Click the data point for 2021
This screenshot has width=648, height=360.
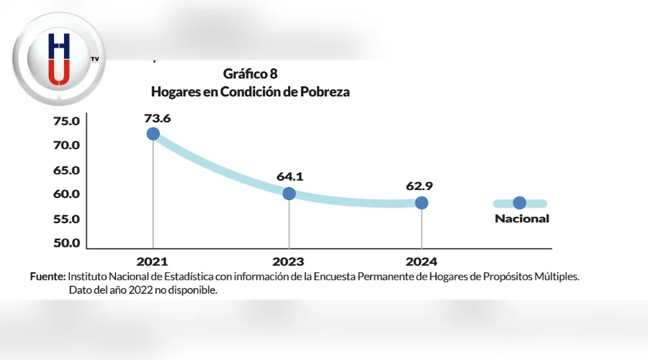coord(153,133)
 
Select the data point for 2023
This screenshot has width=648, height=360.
coord(289,193)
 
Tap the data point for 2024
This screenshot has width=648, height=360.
coord(421,202)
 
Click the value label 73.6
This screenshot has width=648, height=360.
coord(157,117)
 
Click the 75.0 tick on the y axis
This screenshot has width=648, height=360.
coord(66,121)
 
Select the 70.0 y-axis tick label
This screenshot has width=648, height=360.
coord(66,145)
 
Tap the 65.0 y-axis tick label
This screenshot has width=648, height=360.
coord(66,170)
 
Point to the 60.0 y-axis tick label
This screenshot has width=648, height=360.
coord(66,194)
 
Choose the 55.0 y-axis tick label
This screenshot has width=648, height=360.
coord(66,219)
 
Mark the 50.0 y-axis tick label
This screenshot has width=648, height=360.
coord(66,243)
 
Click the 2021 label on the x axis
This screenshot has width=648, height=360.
coord(152,262)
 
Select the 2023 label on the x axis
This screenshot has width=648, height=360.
coord(288,262)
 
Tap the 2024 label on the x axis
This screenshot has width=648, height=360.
coord(421,262)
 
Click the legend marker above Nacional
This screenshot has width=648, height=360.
coord(519,204)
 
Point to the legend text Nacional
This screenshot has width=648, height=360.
coord(521,219)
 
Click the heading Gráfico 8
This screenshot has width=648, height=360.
coord(250,73)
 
